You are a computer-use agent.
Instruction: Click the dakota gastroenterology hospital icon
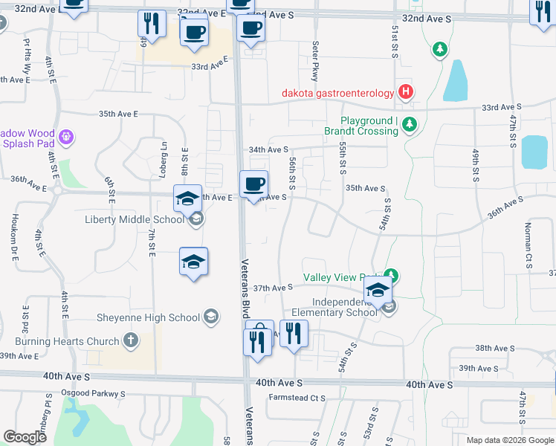click(x=406, y=92)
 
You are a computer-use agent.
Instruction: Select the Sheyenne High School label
click(x=149, y=317)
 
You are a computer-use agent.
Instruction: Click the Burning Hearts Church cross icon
click(x=131, y=341)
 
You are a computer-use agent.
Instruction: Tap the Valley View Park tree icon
click(x=390, y=277)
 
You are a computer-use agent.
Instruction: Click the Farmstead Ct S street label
click(x=297, y=398)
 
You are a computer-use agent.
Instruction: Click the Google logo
click(x=25, y=437)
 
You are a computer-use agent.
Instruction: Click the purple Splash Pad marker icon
click(x=66, y=137)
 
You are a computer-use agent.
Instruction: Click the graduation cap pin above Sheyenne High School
click(x=193, y=263)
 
